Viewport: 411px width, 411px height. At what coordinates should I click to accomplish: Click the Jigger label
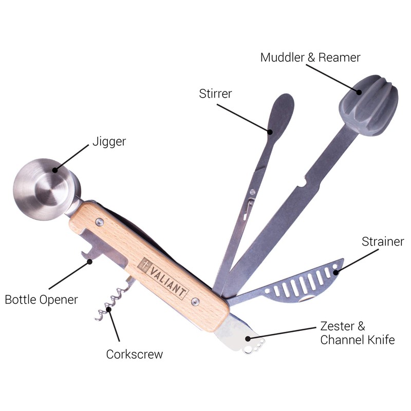coord(109,141)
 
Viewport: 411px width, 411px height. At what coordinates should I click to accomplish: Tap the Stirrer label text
coord(215,94)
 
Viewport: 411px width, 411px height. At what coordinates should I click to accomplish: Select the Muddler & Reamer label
coord(310,57)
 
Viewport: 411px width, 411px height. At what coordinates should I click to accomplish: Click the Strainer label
coord(383,241)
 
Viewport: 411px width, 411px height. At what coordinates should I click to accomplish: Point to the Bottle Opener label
coord(42,299)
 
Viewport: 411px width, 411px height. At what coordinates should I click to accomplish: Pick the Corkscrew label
coord(135,354)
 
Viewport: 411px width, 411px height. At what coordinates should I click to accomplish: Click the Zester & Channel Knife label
coord(357,333)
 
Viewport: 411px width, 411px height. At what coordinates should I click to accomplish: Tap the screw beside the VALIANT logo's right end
coord(194,301)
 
